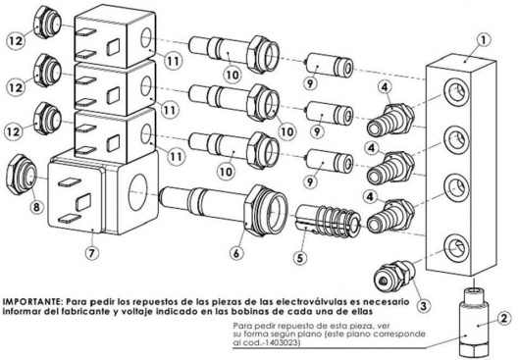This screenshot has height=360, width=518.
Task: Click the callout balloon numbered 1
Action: [x=484, y=40]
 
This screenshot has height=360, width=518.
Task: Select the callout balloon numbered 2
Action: [x=504, y=319]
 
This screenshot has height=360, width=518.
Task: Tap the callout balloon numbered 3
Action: [x=424, y=305]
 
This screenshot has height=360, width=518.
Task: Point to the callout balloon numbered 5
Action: [x=300, y=258]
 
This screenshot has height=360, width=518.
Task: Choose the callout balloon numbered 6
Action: [x=236, y=254]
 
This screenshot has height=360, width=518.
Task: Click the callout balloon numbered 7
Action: [x=92, y=253]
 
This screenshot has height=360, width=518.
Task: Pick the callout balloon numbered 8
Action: [x=36, y=207]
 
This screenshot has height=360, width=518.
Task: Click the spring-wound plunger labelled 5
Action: [x=328, y=218]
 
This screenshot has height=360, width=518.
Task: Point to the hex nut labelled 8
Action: [x=23, y=175]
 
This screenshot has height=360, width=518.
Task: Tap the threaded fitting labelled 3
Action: [x=394, y=276]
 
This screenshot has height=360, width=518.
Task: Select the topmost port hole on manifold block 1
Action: [x=456, y=91]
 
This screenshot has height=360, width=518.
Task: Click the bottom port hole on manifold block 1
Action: [x=457, y=247]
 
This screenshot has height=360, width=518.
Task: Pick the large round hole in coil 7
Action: [x=141, y=192]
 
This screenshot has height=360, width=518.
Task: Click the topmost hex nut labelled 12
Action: [x=48, y=23]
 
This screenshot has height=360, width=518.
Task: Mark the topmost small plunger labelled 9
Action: [x=330, y=67]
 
